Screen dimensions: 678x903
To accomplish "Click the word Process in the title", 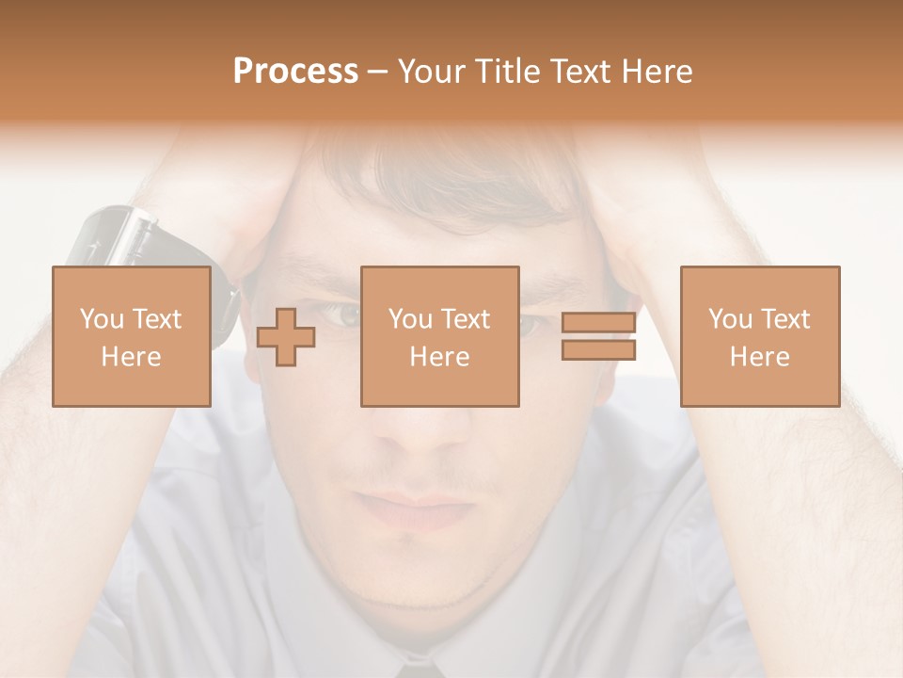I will (x=295, y=72).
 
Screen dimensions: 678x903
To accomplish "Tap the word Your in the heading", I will (x=429, y=72).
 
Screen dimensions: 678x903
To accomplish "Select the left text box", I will (x=131, y=336).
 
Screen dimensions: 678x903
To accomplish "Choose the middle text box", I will (x=439, y=336).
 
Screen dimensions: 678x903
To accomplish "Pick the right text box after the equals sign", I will (x=759, y=336).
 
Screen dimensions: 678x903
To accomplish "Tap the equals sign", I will (x=598, y=336).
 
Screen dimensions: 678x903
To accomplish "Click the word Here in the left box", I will (x=131, y=357).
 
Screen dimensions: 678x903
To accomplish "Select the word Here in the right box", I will (x=759, y=357).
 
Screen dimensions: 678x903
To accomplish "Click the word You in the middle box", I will (x=410, y=319).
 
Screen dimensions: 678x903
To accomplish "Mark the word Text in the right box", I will (x=787, y=319).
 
